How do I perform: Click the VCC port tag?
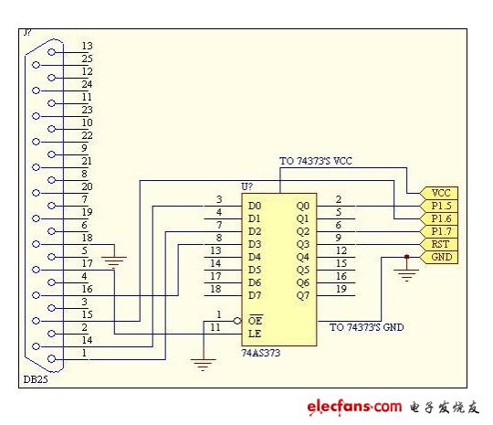(439, 193)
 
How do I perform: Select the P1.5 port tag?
(439, 206)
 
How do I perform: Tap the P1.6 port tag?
(439, 218)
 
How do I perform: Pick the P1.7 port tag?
(439, 232)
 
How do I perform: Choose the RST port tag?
(439, 244)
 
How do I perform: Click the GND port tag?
(439, 257)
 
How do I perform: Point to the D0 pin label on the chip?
(255, 206)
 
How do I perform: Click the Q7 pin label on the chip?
(303, 295)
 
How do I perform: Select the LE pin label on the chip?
(255, 334)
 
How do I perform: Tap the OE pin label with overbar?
(255, 320)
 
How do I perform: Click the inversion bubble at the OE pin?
(237, 321)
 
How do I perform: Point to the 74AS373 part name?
(260, 353)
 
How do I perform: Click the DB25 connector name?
(36, 379)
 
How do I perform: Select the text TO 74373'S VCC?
(316, 161)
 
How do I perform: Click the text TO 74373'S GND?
(367, 327)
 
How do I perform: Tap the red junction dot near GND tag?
(406, 257)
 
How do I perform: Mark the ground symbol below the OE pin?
(203, 365)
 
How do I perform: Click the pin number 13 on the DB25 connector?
(87, 46)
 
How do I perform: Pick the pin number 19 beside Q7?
(341, 289)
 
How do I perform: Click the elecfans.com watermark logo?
(354, 407)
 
